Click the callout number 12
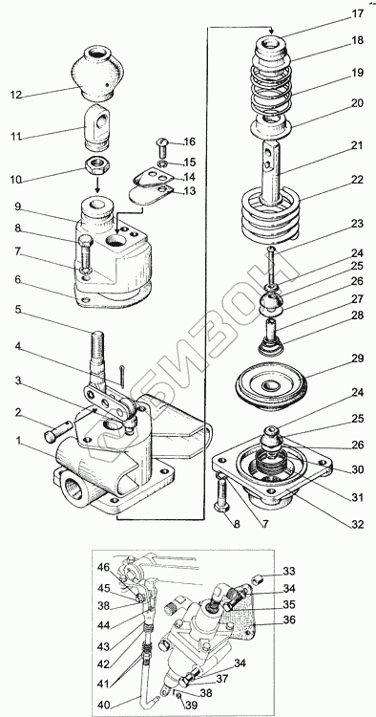pyautogui.click(x=17, y=96)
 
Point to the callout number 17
pyautogui.click(x=357, y=13)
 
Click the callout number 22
pyautogui.click(x=357, y=180)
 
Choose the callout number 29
pyautogui.click(x=357, y=358)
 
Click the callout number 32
pyautogui.click(x=357, y=524)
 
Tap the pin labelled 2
pyautogui.click(x=57, y=430)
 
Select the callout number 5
pyautogui.click(x=17, y=309)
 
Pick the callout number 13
pyautogui.click(x=189, y=190)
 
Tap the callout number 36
pyautogui.click(x=289, y=620)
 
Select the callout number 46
pyautogui.click(x=103, y=569)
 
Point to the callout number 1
pyautogui.click(x=18, y=441)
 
